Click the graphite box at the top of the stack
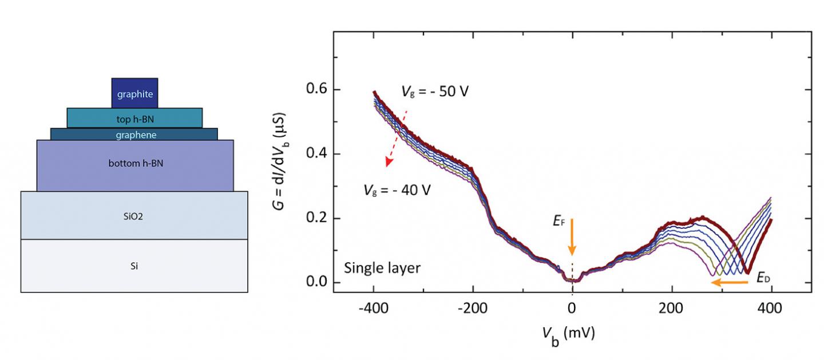[x=134, y=93]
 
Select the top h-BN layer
[x=134, y=118]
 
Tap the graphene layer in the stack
[x=134, y=134]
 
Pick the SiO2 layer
[x=134, y=215]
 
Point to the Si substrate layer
[x=134, y=266]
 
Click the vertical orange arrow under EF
[x=572, y=236]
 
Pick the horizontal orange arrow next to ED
[x=733, y=282]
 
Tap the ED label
[x=763, y=279]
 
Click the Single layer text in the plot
[x=382, y=268]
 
